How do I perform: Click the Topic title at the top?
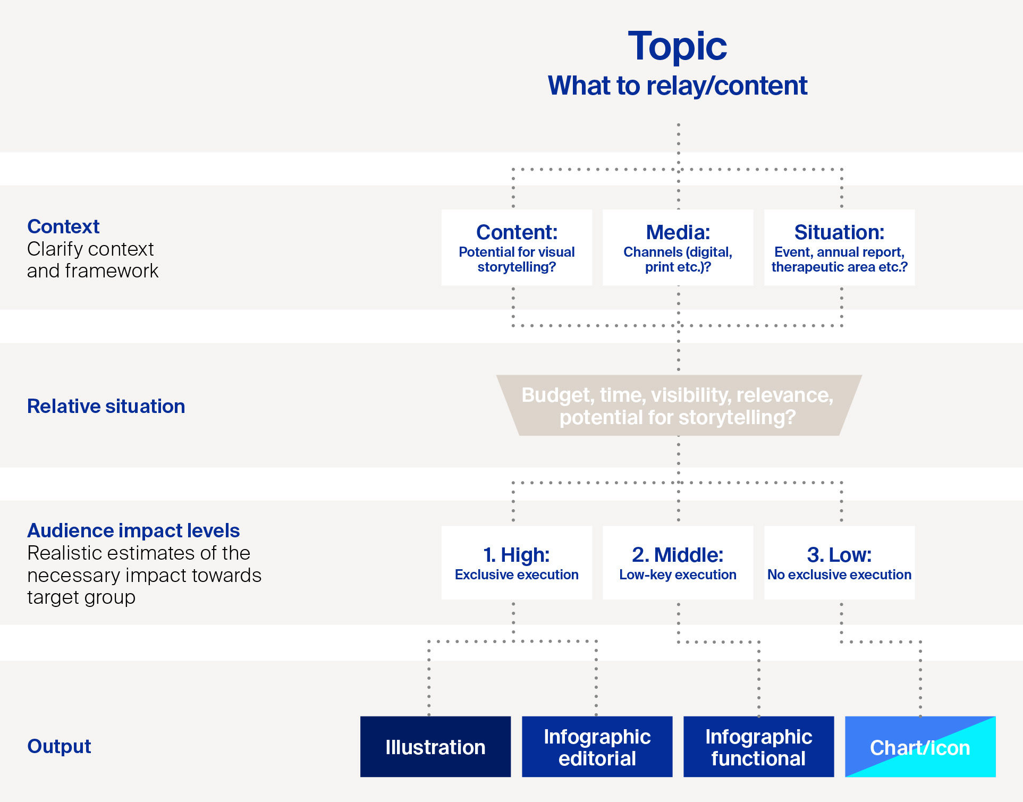[x=678, y=47]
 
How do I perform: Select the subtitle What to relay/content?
[x=678, y=86]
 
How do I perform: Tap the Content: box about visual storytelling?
[x=517, y=248]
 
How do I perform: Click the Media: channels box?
[x=678, y=248]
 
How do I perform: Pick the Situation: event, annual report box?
[x=840, y=248]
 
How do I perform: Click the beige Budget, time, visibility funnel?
[x=679, y=406]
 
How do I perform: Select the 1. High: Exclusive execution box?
[x=517, y=563]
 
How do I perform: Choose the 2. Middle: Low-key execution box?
[x=678, y=563]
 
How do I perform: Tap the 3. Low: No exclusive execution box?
[x=840, y=563]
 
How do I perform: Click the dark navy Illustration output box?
[x=436, y=747]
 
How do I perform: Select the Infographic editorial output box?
[x=597, y=747]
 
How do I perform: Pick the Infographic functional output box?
[x=759, y=747]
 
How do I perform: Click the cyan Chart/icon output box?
[x=920, y=747]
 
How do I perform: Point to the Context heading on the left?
[x=63, y=226]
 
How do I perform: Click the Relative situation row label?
[x=106, y=406]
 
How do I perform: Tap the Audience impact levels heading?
[x=133, y=530]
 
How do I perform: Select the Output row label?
[x=59, y=746]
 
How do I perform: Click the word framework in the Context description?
[x=112, y=271]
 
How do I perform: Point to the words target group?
[x=81, y=598]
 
